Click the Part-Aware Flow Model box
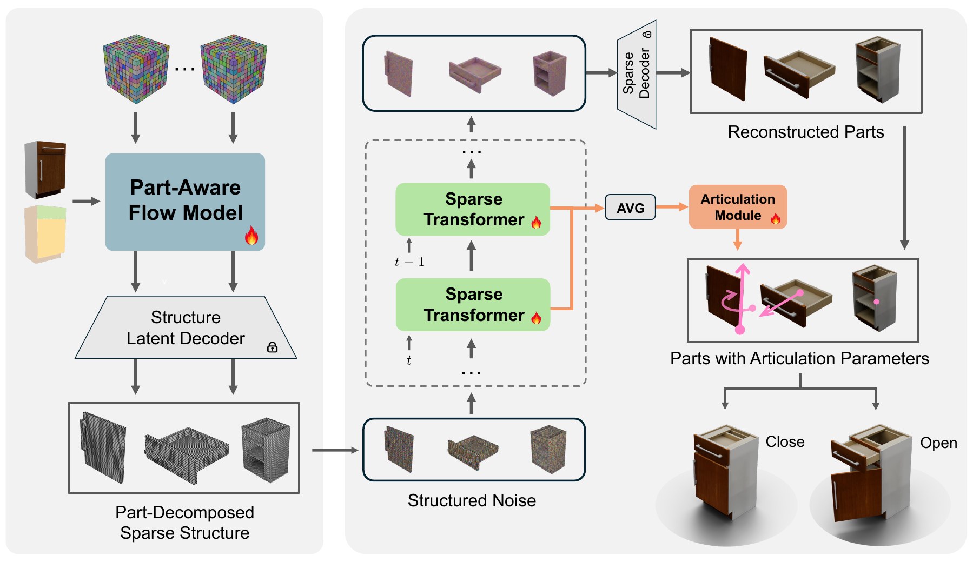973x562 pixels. [185, 202]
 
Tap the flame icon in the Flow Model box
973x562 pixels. [251, 236]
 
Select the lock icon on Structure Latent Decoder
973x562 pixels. [273, 347]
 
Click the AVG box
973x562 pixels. [630, 208]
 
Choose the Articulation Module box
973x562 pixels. [738, 207]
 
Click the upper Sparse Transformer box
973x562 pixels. [473, 209]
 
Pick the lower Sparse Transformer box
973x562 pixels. [473, 305]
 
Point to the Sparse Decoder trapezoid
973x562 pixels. [637, 75]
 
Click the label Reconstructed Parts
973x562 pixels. [806, 132]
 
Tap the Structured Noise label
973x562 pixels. [472, 500]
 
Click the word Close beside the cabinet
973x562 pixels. [785, 442]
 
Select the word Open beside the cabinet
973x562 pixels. [938, 443]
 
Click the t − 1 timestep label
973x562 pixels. [409, 262]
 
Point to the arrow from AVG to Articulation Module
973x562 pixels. [672, 207]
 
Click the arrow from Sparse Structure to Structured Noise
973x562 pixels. [335, 450]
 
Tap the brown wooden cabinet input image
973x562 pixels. [45, 170]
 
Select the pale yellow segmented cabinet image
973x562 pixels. [45, 234]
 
